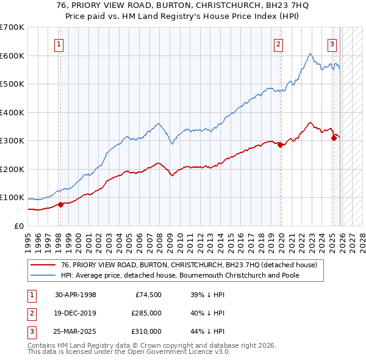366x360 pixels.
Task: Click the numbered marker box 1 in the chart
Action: point(60,43)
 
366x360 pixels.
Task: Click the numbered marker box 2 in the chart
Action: point(278,43)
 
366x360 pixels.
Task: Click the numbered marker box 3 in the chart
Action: point(332,43)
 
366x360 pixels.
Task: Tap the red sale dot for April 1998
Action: point(60,205)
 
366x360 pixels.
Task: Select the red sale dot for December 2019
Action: point(280,145)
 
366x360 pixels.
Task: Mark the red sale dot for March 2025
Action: point(334,138)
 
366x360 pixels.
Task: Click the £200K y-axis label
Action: point(12,169)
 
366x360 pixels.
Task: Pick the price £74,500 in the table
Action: point(146,295)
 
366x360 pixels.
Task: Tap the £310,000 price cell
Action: point(145,331)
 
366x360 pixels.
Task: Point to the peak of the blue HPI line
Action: point(310,54)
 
